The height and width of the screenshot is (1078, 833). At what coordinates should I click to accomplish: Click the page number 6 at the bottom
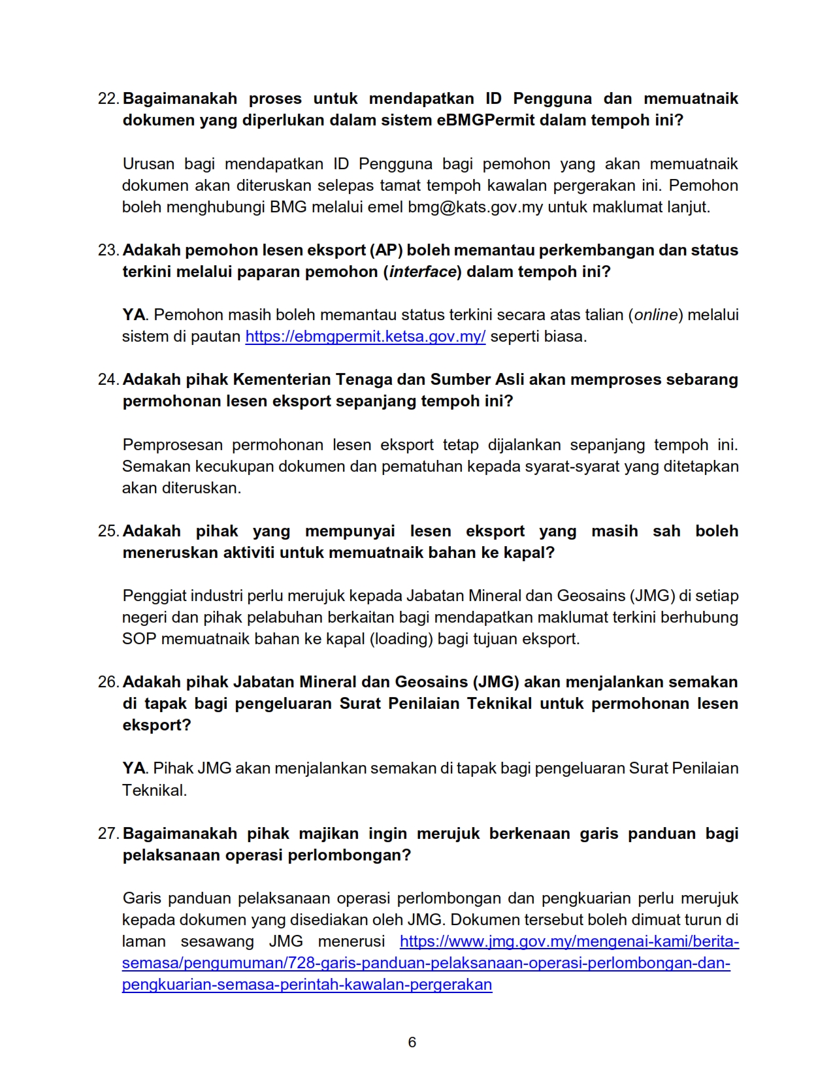[x=412, y=1042]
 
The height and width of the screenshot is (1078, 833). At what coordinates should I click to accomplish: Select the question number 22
[x=108, y=99]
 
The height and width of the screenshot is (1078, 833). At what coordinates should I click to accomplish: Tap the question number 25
[x=108, y=531]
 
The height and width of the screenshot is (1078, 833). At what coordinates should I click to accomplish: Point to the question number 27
[x=108, y=834]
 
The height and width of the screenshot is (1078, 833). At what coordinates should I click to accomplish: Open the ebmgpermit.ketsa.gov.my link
[x=365, y=336]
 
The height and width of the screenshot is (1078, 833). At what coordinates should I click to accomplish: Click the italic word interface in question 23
[x=423, y=272]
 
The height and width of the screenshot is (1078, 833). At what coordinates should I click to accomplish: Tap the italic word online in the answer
[x=656, y=315]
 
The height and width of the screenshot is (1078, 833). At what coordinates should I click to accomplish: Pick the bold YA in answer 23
[x=134, y=315]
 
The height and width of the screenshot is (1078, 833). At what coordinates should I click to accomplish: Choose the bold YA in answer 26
[x=134, y=768]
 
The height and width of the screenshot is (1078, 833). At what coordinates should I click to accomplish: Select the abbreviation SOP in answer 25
[x=139, y=639]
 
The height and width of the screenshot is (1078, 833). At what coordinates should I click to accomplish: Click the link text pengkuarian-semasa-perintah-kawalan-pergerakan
[x=307, y=985]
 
